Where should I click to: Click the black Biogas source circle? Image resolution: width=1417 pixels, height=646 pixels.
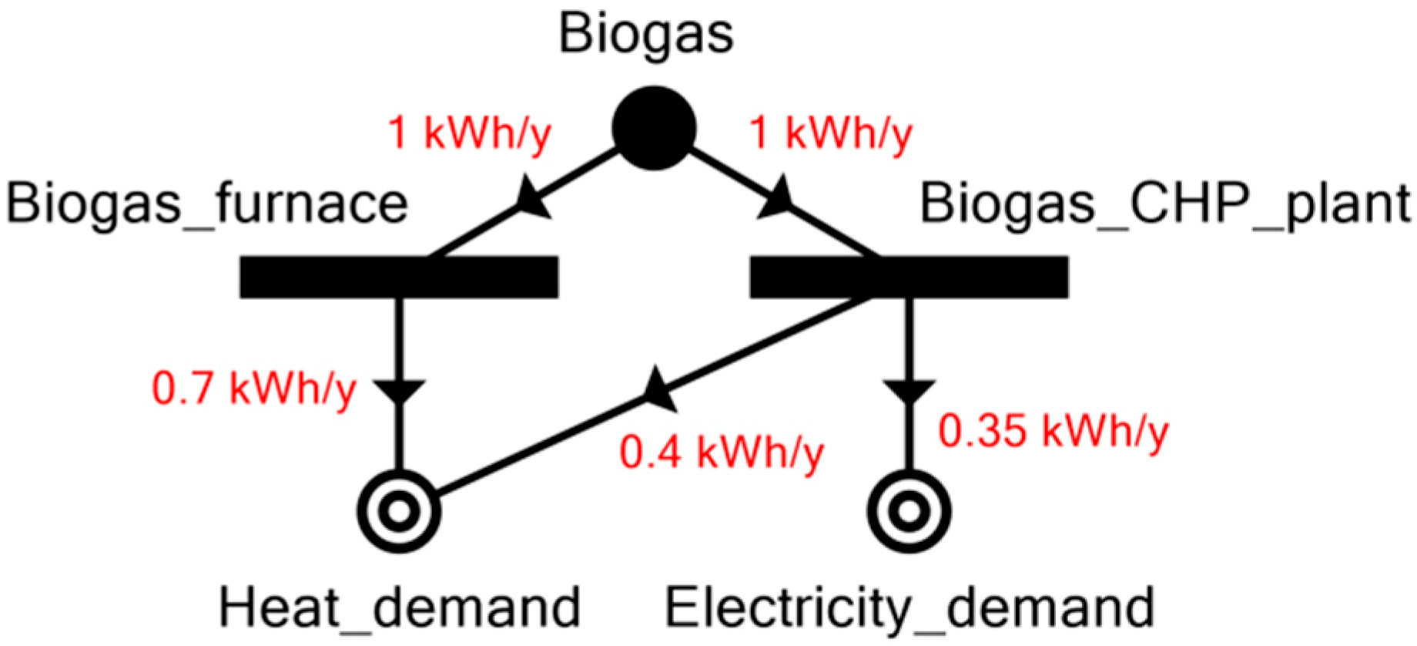(654, 128)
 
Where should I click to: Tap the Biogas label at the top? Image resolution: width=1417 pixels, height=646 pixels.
(646, 34)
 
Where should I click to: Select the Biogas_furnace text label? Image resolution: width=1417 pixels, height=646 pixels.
(207, 204)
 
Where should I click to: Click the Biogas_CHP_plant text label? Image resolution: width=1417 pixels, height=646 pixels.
(1164, 204)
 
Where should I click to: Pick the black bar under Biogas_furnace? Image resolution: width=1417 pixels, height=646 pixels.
(399, 277)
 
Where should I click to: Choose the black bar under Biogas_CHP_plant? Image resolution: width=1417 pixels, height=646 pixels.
(909, 277)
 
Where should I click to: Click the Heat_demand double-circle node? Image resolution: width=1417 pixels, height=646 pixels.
(399, 511)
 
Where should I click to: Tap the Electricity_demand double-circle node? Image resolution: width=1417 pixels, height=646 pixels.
(909, 511)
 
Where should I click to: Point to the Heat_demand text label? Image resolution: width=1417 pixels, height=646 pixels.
(399, 607)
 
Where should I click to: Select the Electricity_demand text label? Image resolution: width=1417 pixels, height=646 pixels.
(909, 607)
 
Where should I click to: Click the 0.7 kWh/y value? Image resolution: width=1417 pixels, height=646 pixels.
(254, 389)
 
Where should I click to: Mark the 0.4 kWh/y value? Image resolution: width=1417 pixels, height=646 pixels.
(722, 453)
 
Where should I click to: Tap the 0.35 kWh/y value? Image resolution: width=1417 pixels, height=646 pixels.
(1053, 431)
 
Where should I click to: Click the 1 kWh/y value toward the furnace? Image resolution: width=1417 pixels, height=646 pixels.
(470, 133)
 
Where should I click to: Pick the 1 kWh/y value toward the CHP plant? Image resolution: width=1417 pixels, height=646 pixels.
(830, 133)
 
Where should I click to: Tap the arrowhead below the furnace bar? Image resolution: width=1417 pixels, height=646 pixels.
(399, 390)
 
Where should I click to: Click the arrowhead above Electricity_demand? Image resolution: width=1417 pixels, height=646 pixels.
(909, 390)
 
